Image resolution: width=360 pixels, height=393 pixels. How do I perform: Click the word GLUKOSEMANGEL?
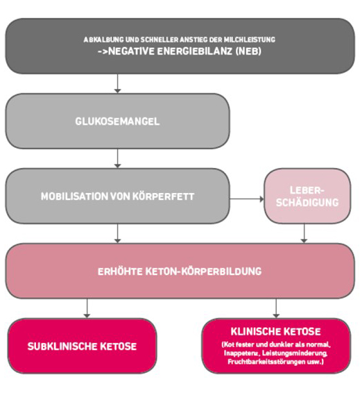117,122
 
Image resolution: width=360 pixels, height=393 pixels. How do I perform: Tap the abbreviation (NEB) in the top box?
248,51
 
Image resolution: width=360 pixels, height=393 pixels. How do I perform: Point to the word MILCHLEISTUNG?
249,40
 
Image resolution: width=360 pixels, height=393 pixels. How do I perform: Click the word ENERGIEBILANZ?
194,51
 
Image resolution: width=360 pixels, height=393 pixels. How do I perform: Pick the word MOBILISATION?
74,196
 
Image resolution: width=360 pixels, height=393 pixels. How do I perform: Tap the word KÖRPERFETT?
163,196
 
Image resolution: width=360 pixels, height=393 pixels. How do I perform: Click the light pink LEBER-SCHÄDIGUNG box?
307,196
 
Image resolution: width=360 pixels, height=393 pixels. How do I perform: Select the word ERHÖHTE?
120,271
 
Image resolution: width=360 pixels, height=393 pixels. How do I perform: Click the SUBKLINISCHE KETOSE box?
82,346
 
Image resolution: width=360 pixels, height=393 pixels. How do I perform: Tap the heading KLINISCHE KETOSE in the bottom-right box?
275,331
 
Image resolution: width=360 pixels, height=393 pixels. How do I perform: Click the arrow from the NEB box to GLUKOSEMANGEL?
117,83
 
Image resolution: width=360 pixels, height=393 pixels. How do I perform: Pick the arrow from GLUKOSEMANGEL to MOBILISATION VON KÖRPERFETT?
117,158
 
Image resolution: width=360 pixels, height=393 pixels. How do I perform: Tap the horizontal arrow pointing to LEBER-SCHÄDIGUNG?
247,199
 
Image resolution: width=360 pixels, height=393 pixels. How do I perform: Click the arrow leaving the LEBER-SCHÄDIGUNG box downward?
304,233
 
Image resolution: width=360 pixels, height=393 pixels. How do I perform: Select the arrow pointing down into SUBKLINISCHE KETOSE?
87,308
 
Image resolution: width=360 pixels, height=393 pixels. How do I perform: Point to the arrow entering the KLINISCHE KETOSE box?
276,308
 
